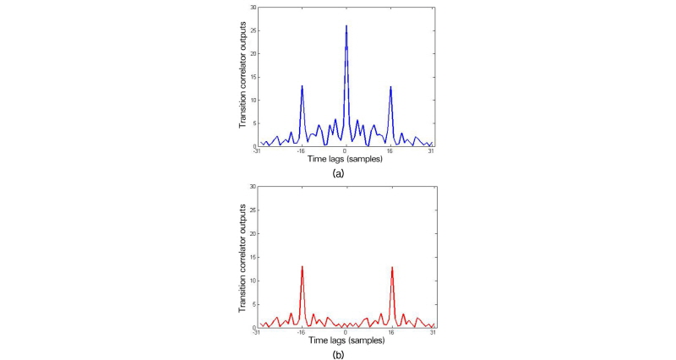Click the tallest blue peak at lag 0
coord(346,26)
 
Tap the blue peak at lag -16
coord(302,86)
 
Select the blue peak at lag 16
coord(390,86)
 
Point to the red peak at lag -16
coord(302,267)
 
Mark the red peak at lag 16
coord(392,267)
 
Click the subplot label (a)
coord(338,172)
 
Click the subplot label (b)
coord(338,354)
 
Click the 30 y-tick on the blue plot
coord(251,7)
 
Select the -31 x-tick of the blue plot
coord(257,151)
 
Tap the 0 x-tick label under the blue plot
coord(346,151)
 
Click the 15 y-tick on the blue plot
coord(251,77)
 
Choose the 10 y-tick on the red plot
coord(251,281)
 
